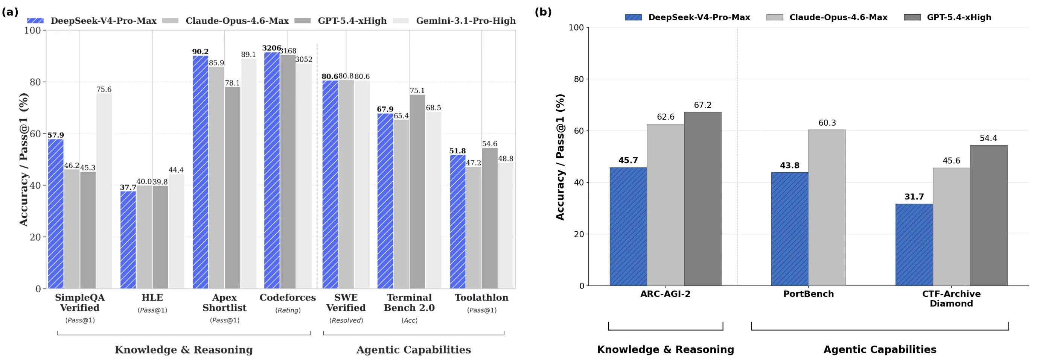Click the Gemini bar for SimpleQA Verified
[104, 191]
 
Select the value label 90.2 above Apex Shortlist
[201, 52]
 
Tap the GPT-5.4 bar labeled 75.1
[417, 191]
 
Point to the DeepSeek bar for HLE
[128, 240]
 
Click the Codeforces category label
[288, 298]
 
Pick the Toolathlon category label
[481, 298]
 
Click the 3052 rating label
[304, 59]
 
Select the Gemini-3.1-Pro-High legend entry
[455, 20]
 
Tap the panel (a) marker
[10, 12]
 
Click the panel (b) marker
[543, 12]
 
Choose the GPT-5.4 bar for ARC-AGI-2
[702, 199]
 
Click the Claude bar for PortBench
[827, 208]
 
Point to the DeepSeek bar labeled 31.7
[914, 245]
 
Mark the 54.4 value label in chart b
[988, 138]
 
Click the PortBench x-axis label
[809, 294]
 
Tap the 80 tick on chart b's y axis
[579, 79]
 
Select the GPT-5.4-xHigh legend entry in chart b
[947, 17]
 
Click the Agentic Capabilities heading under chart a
[414, 350]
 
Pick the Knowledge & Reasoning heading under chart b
[666, 349]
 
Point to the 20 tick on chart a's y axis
[36, 237]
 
